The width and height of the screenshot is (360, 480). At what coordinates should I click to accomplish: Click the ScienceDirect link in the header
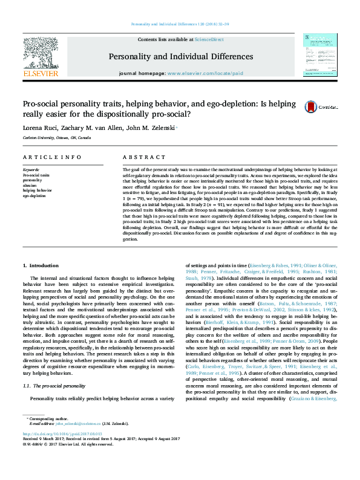210,39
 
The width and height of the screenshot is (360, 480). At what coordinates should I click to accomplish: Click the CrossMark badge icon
312,107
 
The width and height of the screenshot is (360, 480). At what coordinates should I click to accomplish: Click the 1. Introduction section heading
41,282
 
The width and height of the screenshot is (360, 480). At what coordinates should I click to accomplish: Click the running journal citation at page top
180,25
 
